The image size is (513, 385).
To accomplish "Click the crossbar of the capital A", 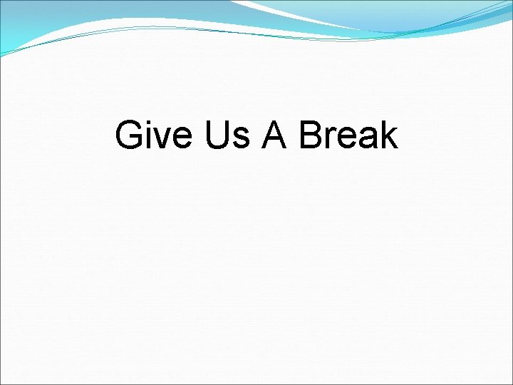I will pyautogui.click(x=274, y=140).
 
